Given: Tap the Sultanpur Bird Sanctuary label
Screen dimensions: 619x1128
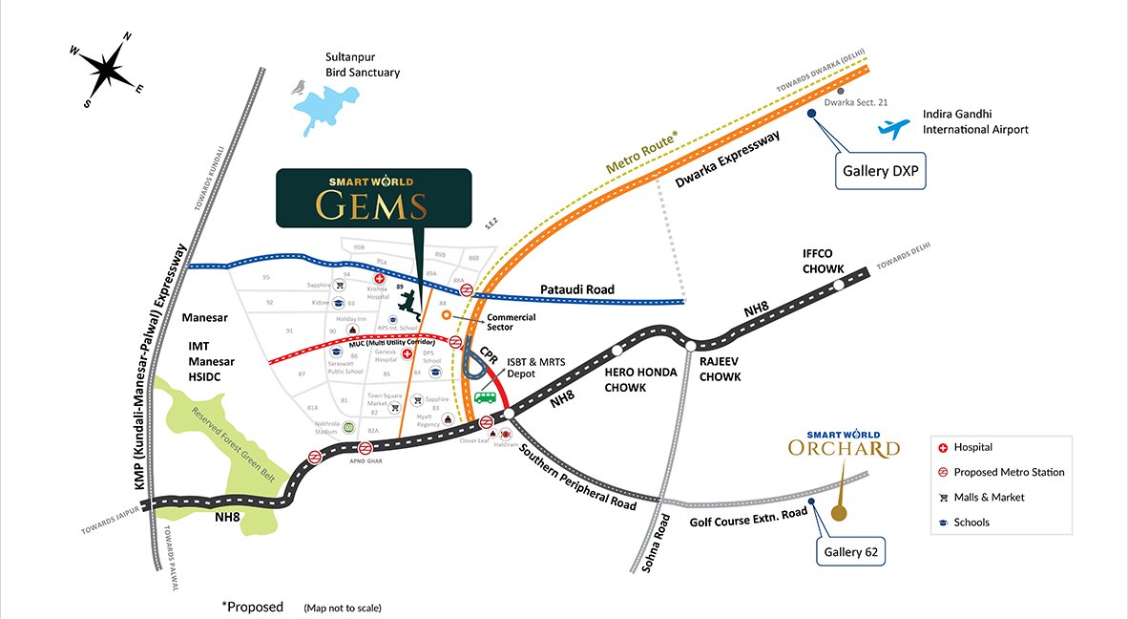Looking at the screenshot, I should click(363, 65).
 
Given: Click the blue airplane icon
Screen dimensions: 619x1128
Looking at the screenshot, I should click(894, 127).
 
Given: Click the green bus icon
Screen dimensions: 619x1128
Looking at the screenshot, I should click(487, 396).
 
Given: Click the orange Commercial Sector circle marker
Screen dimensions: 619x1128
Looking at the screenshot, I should click(446, 314).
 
